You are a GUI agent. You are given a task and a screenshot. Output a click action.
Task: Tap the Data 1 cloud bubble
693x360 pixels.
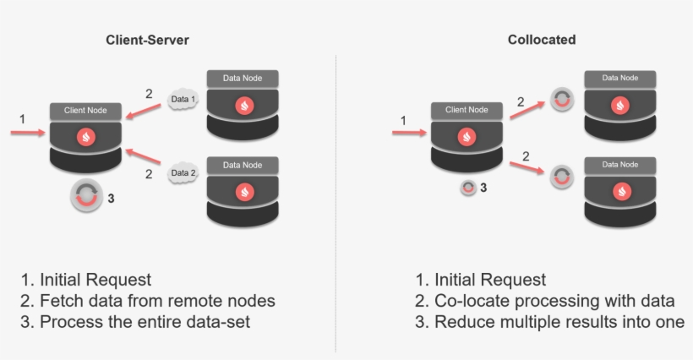(x=183, y=100)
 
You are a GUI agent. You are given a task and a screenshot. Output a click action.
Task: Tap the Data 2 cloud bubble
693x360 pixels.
(x=183, y=174)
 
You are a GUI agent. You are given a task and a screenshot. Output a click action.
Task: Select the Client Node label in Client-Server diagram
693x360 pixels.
(x=85, y=112)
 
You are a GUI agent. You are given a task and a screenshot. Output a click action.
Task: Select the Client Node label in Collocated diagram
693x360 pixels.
(x=467, y=110)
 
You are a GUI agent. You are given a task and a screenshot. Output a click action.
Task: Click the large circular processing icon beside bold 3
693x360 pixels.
(x=85, y=197)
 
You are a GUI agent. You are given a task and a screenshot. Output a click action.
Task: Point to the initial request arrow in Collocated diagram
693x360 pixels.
(x=410, y=132)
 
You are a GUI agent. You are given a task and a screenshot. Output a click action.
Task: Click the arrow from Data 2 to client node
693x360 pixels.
(x=145, y=161)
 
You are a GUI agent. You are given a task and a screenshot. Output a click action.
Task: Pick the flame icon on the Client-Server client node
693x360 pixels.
(x=85, y=136)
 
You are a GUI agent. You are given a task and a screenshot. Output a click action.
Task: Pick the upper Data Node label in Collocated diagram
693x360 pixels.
(x=621, y=78)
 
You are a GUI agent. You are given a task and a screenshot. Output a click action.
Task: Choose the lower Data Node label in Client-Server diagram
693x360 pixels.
(x=243, y=166)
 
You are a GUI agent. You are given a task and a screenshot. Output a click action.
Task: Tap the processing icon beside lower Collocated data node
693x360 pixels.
(x=561, y=177)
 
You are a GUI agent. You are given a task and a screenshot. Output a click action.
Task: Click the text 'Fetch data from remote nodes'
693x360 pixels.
(x=157, y=301)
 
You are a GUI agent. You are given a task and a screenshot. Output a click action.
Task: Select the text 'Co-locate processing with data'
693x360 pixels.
(x=554, y=301)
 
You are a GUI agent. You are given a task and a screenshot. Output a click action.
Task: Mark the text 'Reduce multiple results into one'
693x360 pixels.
(x=559, y=322)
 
